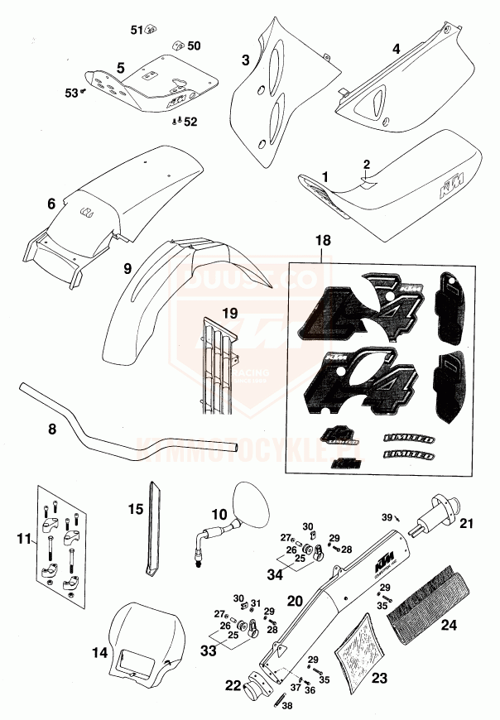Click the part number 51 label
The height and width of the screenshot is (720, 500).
137,30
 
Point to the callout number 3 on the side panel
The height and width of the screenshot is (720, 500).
246,60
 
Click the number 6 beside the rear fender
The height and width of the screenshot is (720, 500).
51,203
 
